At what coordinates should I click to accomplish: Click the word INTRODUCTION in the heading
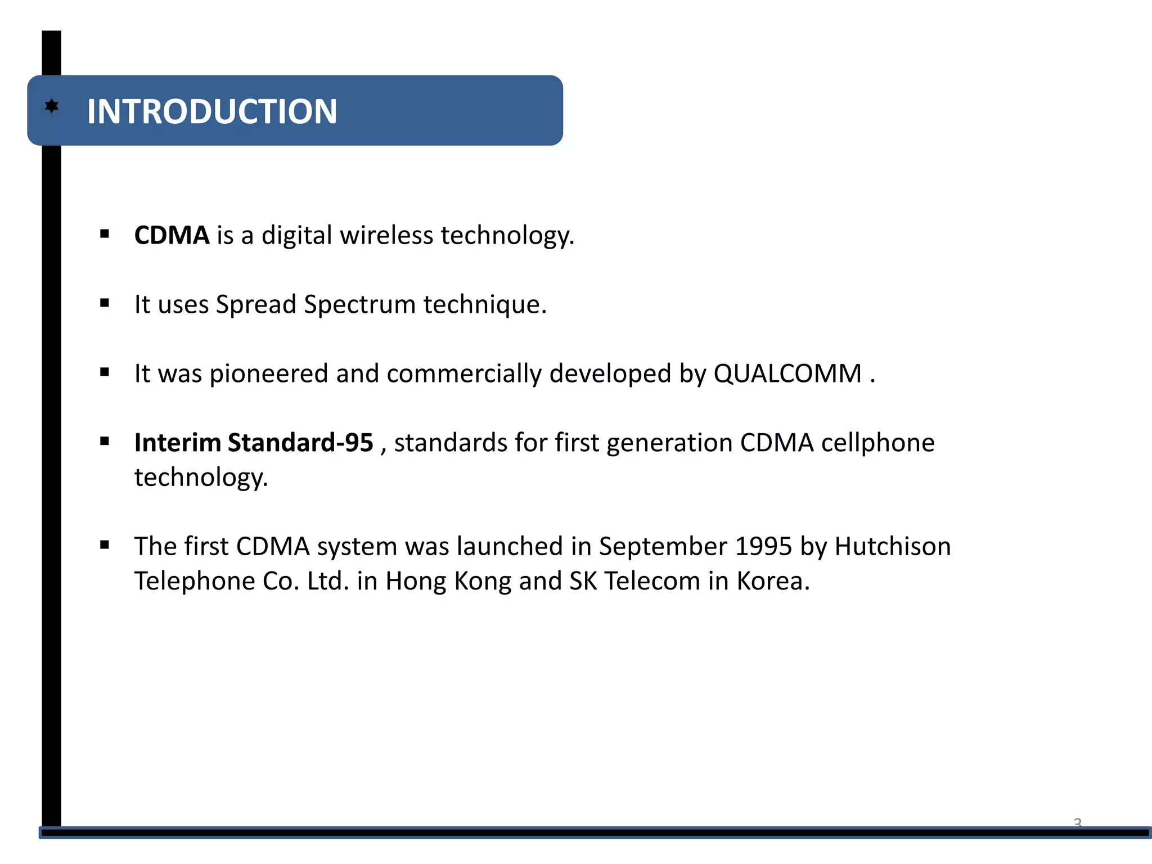pyautogui.click(x=212, y=111)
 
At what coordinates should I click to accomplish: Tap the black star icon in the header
pyautogui.click(x=52, y=106)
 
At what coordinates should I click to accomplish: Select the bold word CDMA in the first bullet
pyautogui.click(x=172, y=235)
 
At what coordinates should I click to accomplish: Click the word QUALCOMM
pyautogui.click(x=787, y=373)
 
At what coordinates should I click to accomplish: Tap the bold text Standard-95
pyautogui.click(x=300, y=443)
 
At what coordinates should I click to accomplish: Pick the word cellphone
pyautogui.click(x=877, y=443)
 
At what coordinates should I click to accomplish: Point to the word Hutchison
pyautogui.click(x=893, y=546)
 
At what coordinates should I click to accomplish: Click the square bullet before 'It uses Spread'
pyautogui.click(x=105, y=303)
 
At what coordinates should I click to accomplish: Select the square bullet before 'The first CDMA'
pyautogui.click(x=105, y=544)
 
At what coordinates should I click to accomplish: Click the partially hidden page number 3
pyautogui.click(x=1077, y=822)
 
